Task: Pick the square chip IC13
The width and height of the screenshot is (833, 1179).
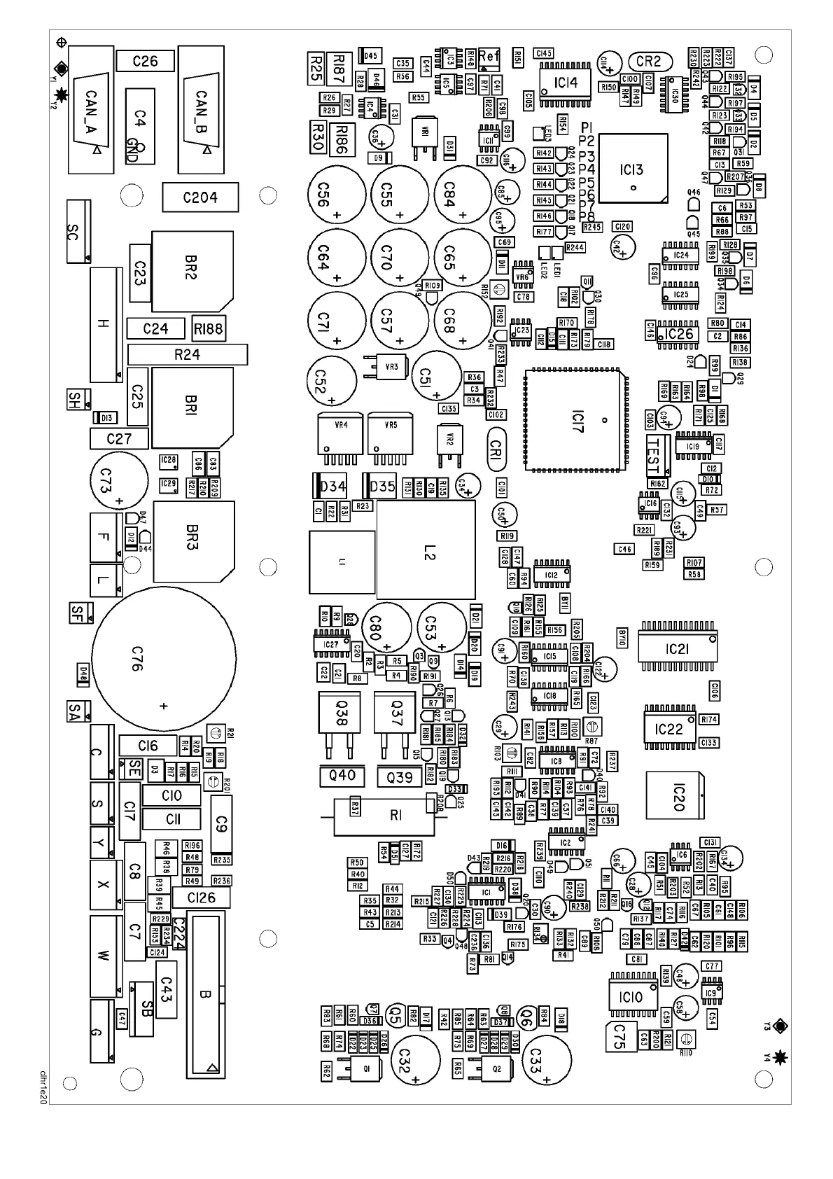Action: click(x=632, y=169)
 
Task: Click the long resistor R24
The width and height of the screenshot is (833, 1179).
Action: click(x=187, y=354)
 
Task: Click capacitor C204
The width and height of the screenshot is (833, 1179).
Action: click(x=200, y=197)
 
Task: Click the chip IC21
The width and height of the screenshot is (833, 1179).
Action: click(x=677, y=648)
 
